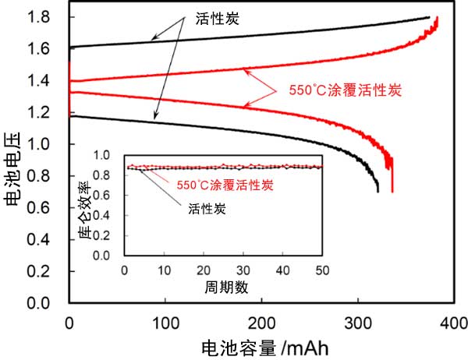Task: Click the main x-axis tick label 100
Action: point(165,321)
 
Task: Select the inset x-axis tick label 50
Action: point(321,270)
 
